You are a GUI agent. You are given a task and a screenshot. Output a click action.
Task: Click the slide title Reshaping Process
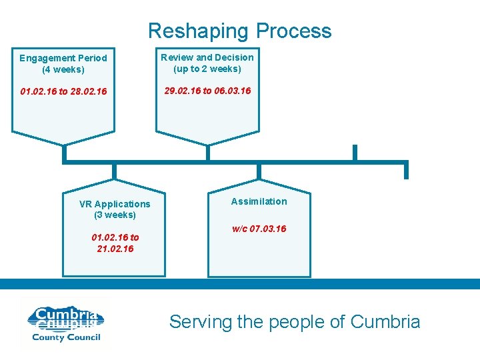(239, 31)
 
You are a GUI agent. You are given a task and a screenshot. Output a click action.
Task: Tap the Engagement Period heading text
(63, 58)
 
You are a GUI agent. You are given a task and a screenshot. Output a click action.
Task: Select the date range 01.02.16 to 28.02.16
(63, 91)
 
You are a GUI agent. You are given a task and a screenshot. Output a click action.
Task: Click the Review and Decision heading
(207, 57)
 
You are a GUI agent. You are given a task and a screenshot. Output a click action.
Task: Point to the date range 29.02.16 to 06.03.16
(207, 90)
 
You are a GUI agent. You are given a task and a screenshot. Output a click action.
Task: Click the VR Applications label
(115, 204)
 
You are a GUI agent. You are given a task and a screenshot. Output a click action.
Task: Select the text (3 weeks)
(115, 215)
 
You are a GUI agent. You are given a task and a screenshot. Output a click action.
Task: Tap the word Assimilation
(259, 201)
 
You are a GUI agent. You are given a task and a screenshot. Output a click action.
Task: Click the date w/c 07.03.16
(259, 229)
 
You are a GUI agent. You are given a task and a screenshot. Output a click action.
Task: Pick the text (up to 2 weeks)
(207, 69)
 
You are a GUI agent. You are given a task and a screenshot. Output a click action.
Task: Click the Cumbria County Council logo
(65, 324)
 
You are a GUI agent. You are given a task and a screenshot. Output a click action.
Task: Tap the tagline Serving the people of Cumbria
(295, 322)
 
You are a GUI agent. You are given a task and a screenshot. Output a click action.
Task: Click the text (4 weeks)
(63, 69)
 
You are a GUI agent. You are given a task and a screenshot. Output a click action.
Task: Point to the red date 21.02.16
(115, 249)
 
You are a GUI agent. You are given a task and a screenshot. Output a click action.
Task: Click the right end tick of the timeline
(406, 171)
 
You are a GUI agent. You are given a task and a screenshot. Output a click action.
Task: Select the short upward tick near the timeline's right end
(355, 153)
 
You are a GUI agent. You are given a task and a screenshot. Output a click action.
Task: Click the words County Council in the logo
(65, 337)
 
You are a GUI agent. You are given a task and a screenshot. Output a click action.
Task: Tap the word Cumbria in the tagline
(385, 322)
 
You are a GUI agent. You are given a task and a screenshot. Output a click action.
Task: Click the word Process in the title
(293, 31)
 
